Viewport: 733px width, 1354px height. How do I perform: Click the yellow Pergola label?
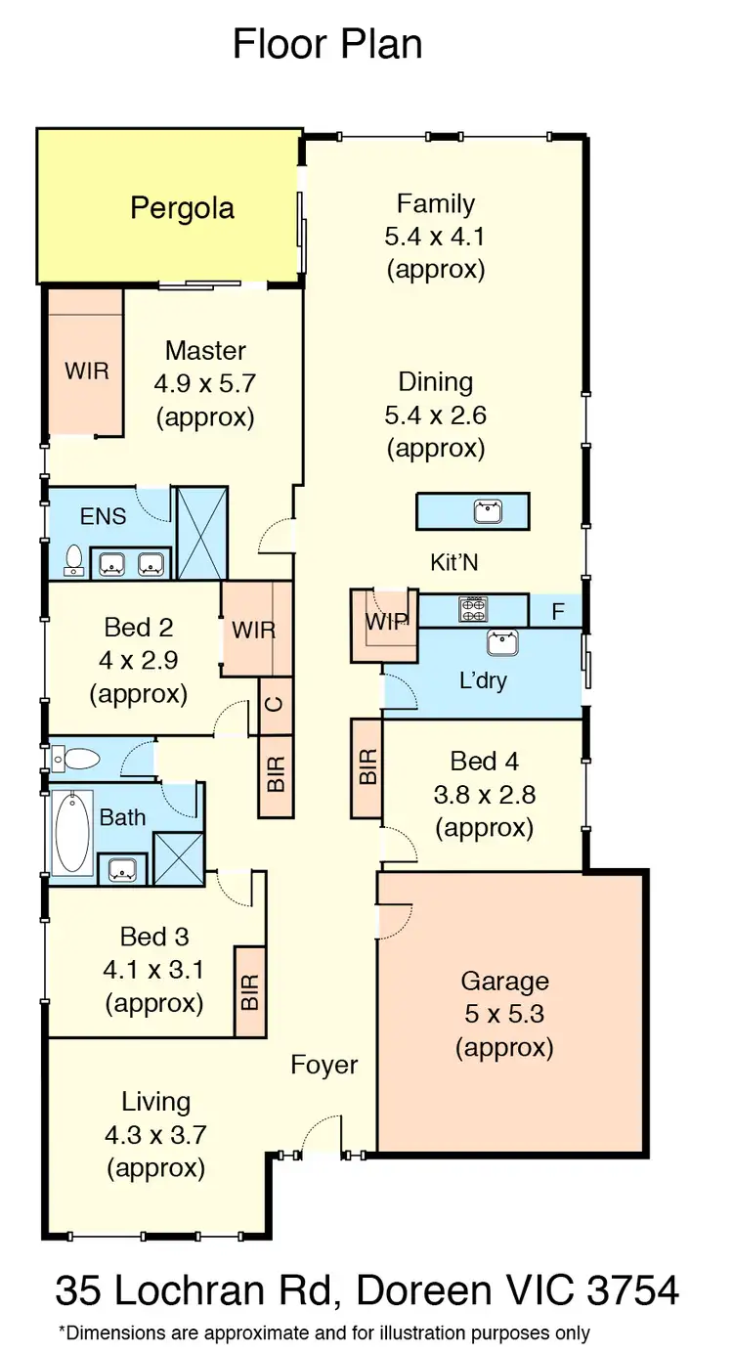point(182,207)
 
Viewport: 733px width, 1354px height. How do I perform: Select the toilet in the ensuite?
point(73,558)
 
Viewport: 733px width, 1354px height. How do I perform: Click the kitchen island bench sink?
point(487,510)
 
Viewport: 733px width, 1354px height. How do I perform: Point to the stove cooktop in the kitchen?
point(473,610)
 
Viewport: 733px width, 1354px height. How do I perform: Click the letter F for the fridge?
point(557,613)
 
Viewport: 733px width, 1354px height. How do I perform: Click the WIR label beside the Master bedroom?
point(86,371)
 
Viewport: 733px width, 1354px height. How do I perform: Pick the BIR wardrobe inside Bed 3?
point(250,991)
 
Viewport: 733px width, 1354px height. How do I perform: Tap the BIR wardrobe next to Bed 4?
point(367,768)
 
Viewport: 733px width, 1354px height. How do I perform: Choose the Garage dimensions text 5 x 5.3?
point(504,1014)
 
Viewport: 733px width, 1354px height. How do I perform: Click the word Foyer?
point(324,1065)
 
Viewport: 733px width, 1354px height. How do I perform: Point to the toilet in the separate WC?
point(78,759)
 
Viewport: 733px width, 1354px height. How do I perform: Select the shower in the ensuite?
point(200,533)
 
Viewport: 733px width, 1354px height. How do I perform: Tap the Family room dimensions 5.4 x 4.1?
point(436,237)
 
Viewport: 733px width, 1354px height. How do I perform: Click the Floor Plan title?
point(327,44)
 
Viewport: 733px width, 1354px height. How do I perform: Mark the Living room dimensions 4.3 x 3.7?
point(156,1135)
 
